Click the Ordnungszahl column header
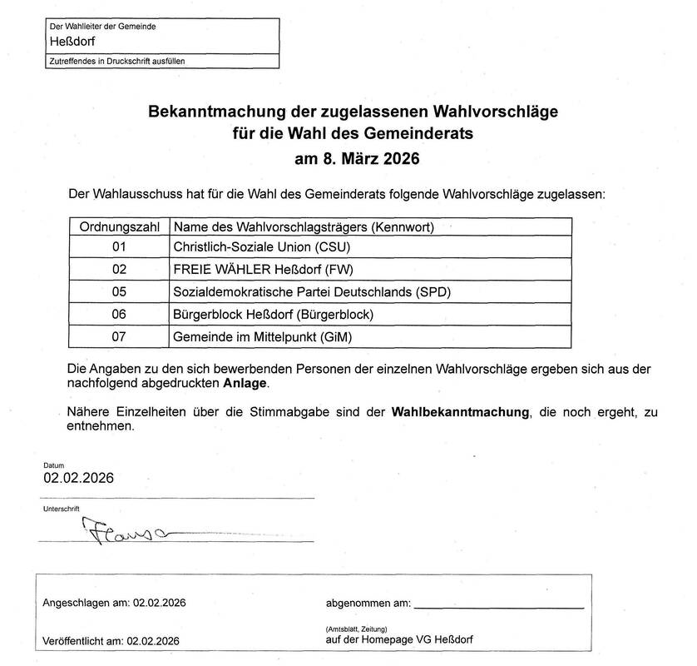point(119,226)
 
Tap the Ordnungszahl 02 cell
point(119,269)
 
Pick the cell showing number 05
point(119,292)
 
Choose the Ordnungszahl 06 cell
point(119,315)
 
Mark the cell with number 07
point(119,337)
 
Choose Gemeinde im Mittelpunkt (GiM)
point(269,337)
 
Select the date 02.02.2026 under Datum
point(78,479)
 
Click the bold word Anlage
point(246,383)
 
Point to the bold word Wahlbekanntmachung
point(461,412)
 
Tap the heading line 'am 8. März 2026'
point(357,157)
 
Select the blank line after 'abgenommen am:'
point(498,603)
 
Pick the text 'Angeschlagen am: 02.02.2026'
point(113,603)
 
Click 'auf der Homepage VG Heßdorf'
point(402,640)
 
